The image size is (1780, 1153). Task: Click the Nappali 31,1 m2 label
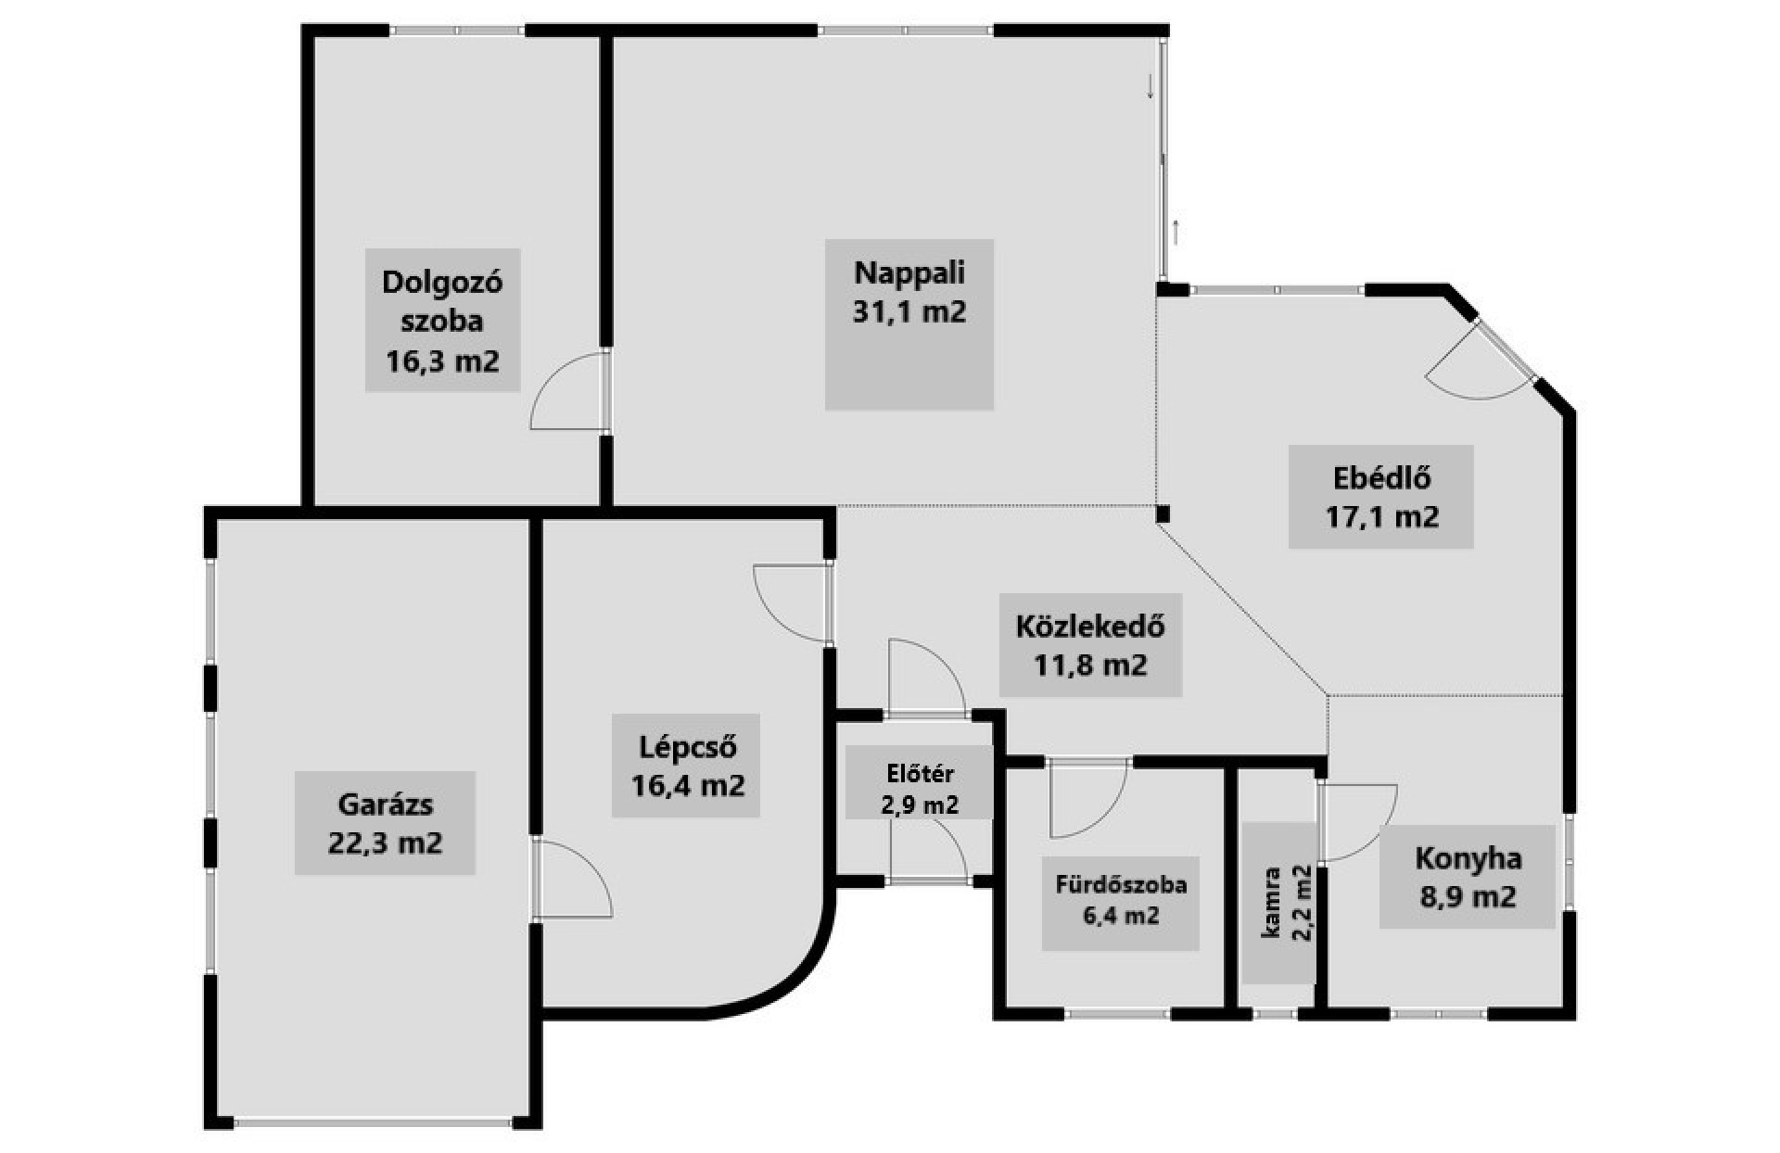[909, 292]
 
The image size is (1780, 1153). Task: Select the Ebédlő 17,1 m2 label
[1381, 497]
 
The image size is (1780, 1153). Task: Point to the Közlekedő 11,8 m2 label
[1090, 645]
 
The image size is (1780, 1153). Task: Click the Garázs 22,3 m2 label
[385, 823]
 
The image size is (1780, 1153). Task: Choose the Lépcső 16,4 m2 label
[687, 766]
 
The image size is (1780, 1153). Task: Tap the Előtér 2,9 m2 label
[919, 789]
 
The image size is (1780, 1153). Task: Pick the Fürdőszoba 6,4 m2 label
[1121, 900]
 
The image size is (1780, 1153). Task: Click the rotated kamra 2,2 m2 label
[1288, 904]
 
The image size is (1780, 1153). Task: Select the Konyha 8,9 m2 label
[1468, 877]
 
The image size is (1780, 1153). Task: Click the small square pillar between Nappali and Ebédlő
[1163, 513]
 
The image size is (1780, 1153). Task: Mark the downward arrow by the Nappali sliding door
[1151, 85]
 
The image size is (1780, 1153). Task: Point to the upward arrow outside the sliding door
[1176, 232]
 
